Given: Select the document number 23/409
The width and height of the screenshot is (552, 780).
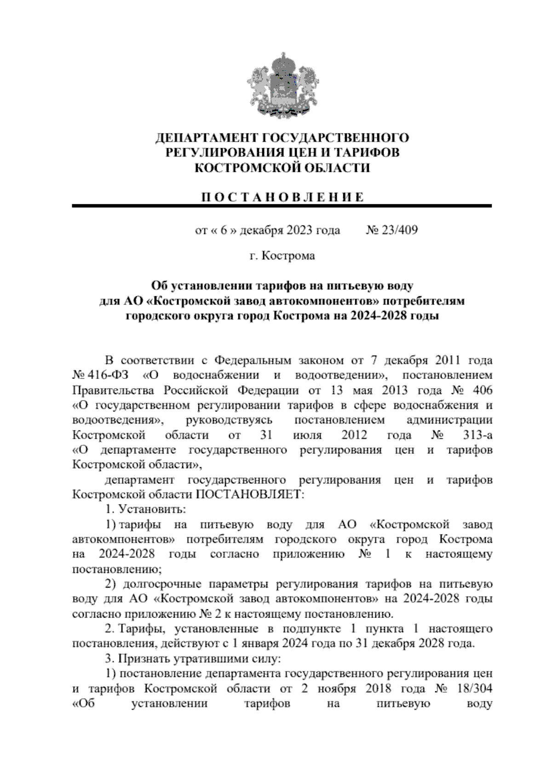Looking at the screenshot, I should tap(398, 230).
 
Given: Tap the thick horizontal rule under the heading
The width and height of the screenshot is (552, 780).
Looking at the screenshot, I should tap(282, 206).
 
